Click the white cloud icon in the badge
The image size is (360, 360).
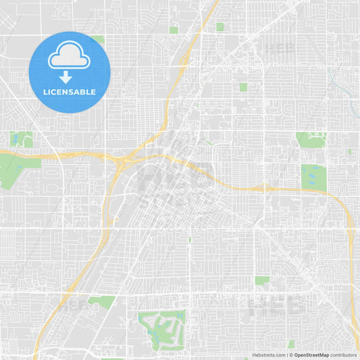click(x=70, y=56)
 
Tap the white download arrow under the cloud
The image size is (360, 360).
click(x=70, y=77)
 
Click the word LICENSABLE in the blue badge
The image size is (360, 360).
click(x=70, y=92)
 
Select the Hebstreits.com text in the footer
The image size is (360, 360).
click(x=268, y=355)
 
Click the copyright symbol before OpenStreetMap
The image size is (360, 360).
click(x=291, y=355)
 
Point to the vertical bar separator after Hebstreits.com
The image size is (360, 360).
click(x=286, y=355)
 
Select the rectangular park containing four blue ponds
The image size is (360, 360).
click(x=313, y=178)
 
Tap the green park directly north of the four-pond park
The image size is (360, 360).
click(x=310, y=140)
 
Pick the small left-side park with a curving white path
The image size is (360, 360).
click(x=21, y=139)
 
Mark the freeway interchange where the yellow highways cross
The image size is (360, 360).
click(x=122, y=161)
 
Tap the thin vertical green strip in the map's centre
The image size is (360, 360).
click(x=190, y=239)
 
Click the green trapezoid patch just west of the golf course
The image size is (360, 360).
click(x=102, y=301)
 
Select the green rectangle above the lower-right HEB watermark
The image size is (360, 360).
click(x=262, y=280)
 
